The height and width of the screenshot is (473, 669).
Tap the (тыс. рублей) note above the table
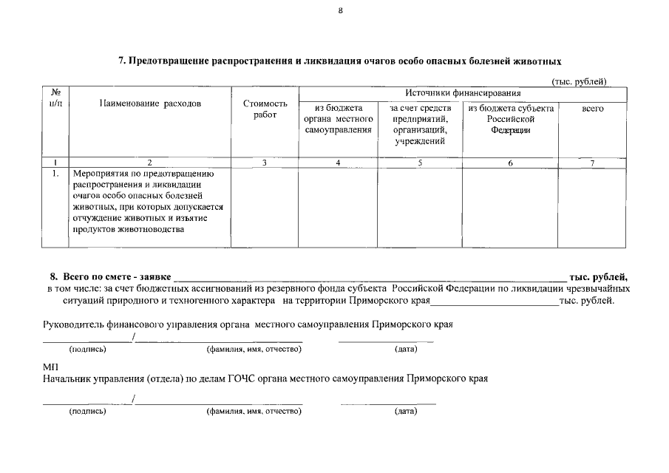(580, 81)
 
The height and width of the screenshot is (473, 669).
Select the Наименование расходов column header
(150, 104)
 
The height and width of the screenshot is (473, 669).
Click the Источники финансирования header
(462, 93)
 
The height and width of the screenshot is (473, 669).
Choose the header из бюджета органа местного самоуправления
(338, 119)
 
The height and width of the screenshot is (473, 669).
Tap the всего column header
(593, 109)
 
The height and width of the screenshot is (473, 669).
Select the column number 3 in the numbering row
(264, 163)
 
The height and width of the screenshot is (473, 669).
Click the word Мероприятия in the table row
(99, 174)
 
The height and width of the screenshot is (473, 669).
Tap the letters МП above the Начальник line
(50, 367)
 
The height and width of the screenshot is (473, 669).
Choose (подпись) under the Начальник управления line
(87, 411)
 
